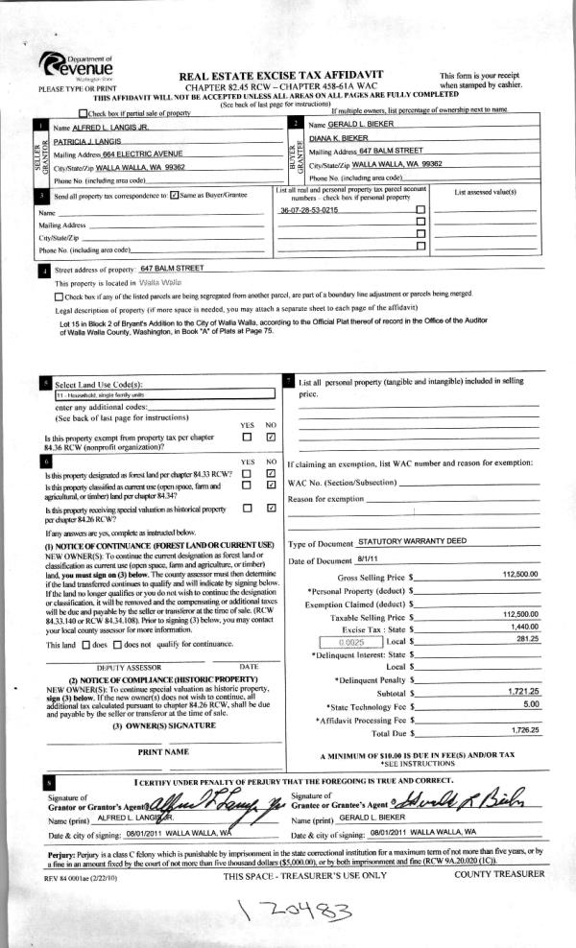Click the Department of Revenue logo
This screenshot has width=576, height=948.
78,67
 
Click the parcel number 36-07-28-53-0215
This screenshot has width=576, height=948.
309,208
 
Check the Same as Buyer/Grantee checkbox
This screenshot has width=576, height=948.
174,196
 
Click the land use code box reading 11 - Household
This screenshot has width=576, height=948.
97,394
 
